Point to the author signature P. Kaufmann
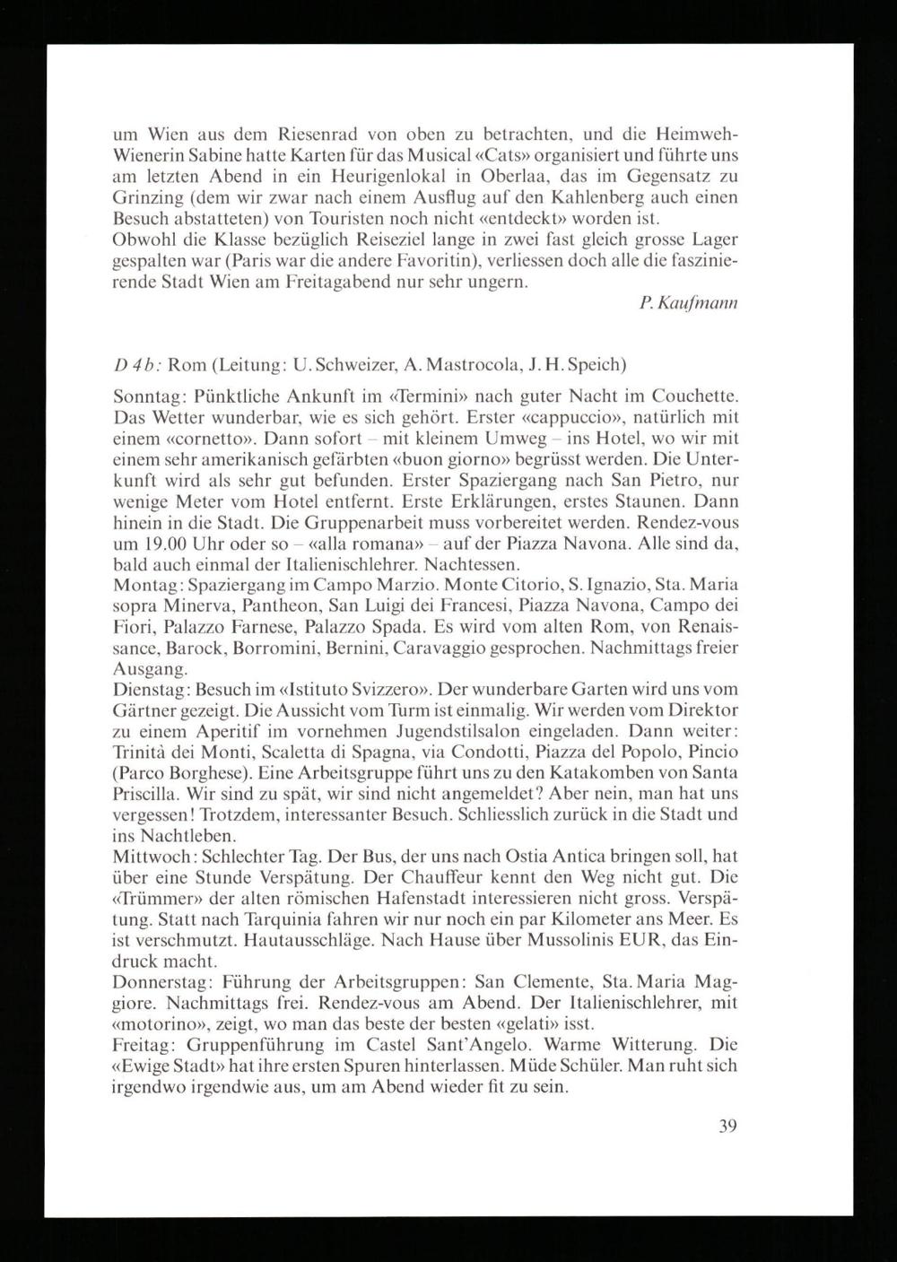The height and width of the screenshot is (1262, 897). pos(689,305)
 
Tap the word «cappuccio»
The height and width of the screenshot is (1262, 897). pos(565,417)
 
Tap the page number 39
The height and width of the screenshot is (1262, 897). pos(727,1127)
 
